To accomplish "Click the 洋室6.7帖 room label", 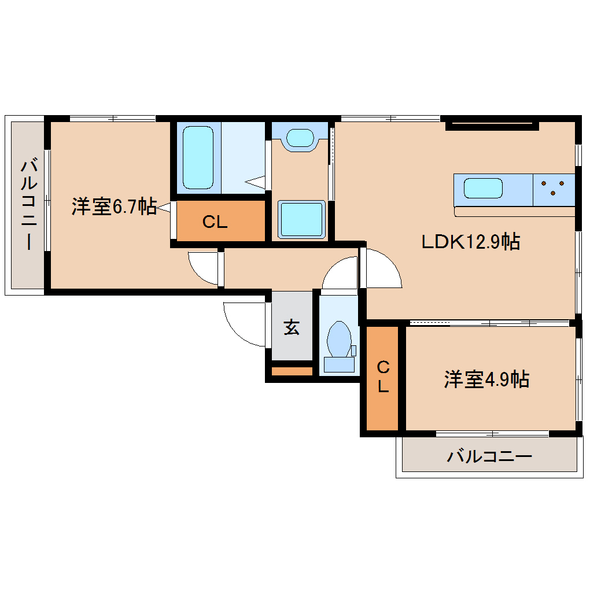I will coord(114,207).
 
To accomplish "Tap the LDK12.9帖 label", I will coord(470,241).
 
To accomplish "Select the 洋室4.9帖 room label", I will coord(486,379).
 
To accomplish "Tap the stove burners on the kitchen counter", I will coord(553,188).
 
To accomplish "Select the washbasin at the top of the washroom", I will coord(301,138).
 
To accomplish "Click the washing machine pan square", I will coord(301,219).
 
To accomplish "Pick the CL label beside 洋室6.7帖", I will coord(215,221).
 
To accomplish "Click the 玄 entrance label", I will coord(292,328).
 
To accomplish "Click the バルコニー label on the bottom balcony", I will coord(489,457).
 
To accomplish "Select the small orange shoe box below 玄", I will coord(292,371).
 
